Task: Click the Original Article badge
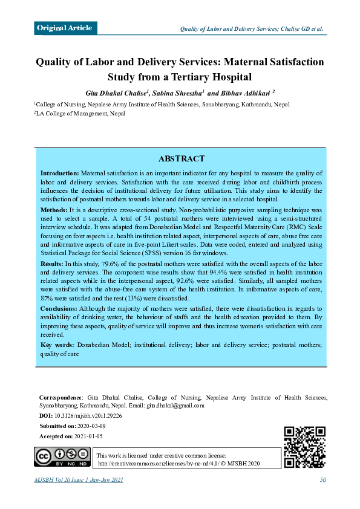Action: [x=65, y=28]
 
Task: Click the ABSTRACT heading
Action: [x=181, y=158]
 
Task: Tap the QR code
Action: [x=304, y=447]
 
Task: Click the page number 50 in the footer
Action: [x=323, y=480]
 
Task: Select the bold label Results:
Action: [x=52, y=264]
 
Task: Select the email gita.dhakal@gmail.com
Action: [x=175, y=406]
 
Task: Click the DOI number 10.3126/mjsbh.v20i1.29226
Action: [x=88, y=416]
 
